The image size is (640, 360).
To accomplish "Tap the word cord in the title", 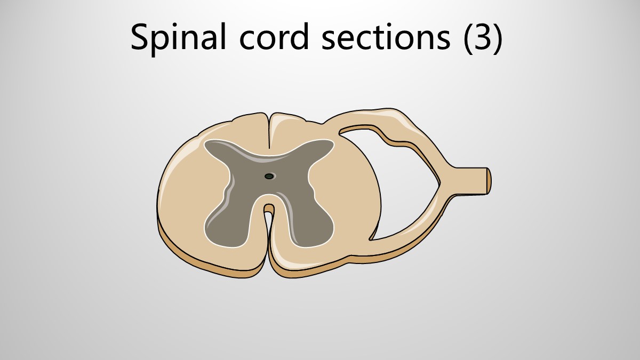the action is pos(274,36).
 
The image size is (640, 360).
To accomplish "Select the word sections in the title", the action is pos(386,37).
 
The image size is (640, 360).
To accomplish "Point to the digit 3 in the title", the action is pos(482,38).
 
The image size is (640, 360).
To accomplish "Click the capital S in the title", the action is pos(141,37).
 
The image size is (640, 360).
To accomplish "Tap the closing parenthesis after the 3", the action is pos(499,38).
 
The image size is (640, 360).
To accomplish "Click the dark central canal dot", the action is pos(269,177).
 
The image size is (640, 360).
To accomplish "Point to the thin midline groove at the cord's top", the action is pos(269,131).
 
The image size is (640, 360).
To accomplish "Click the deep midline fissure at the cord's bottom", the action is pos(269,243).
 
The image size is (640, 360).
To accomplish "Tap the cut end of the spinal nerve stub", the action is pos(489,181).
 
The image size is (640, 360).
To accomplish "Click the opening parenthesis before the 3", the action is pos(468,38).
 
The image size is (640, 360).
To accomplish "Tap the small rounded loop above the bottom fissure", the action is pos(269,208).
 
